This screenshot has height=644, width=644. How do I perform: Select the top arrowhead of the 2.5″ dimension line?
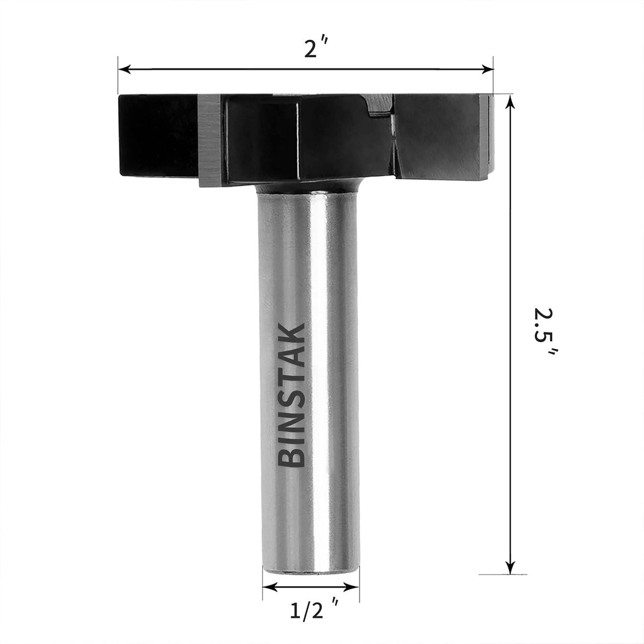(x=510, y=102)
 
